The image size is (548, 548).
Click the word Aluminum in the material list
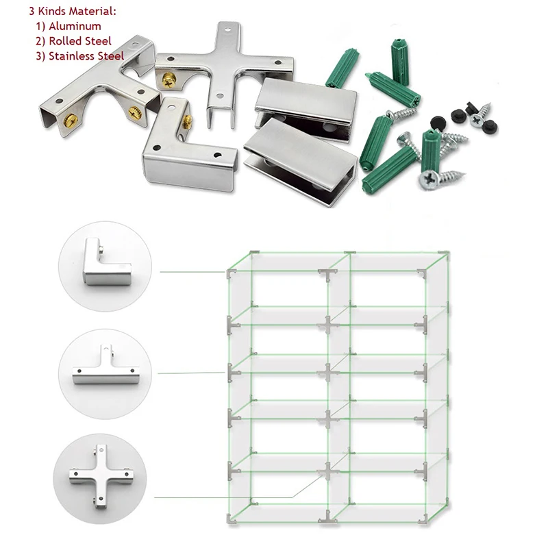pyautogui.click(x=75, y=26)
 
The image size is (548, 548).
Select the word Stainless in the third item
pyautogui.click(x=71, y=56)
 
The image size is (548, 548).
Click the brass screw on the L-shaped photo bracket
pyautogui.click(x=188, y=121)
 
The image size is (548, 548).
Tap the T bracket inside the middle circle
pyautogui.click(x=105, y=371)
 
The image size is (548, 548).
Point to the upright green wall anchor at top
pyautogui.click(x=400, y=62)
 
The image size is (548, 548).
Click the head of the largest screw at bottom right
pyautogui.click(x=429, y=179)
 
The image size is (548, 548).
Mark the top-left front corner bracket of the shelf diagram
pyautogui.click(x=231, y=273)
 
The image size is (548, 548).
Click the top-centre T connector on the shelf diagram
pyautogui.click(x=328, y=274)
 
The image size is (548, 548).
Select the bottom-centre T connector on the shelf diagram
pyautogui.click(x=328, y=517)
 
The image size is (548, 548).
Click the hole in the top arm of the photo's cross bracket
pyautogui.click(x=228, y=30)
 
